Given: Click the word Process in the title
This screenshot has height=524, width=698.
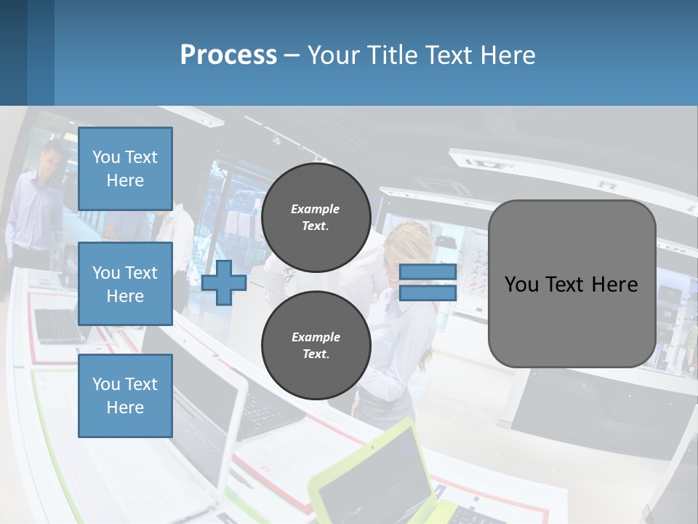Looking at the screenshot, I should pyautogui.click(x=228, y=55).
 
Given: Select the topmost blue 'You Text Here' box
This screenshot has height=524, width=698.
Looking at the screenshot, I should pyautogui.click(x=125, y=169).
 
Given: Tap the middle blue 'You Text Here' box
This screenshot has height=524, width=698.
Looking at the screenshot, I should pyautogui.click(x=125, y=284).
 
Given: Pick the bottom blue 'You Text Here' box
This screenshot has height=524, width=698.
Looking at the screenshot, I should pyautogui.click(x=125, y=396).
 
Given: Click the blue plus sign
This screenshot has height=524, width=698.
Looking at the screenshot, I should pyautogui.click(x=224, y=282).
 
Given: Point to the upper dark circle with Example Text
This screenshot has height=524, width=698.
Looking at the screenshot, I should pyautogui.click(x=316, y=218).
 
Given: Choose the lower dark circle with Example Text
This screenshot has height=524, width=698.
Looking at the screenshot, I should pyautogui.click(x=316, y=346).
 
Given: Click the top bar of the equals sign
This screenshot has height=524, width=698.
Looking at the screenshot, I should pyautogui.click(x=428, y=272).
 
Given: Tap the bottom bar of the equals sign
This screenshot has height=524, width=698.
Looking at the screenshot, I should pyautogui.click(x=428, y=293).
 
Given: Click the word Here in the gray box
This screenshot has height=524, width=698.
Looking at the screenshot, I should pyautogui.click(x=614, y=285).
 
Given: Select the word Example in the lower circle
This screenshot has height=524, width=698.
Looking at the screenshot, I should pyautogui.click(x=316, y=337).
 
